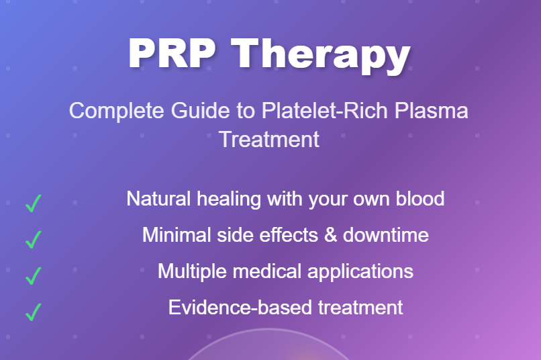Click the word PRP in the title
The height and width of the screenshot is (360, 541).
(173, 54)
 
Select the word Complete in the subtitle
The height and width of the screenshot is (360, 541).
(117, 111)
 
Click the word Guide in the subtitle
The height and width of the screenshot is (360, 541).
(201, 110)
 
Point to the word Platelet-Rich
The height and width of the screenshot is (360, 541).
(325, 110)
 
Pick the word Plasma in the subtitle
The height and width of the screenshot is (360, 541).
(432, 110)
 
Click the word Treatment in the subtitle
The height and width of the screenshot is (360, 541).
(269, 140)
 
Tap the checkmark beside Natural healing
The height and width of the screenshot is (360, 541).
(34, 203)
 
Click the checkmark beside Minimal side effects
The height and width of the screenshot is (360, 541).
(34, 239)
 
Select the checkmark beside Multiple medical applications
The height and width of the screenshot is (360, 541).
(34, 275)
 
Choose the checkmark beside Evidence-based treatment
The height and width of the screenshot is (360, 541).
(34, 312)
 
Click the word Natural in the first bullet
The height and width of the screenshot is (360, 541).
(158, 199)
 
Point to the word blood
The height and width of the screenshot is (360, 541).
(420, 199)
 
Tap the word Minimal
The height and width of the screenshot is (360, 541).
(177, 235)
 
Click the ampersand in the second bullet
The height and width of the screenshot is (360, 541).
(330, 235)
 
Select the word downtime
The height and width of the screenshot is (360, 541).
(386, 235)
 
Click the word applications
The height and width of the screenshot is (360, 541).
(360, 271)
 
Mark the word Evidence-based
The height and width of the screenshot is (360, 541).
(240, 307)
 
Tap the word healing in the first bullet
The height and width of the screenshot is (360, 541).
(229, 199)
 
